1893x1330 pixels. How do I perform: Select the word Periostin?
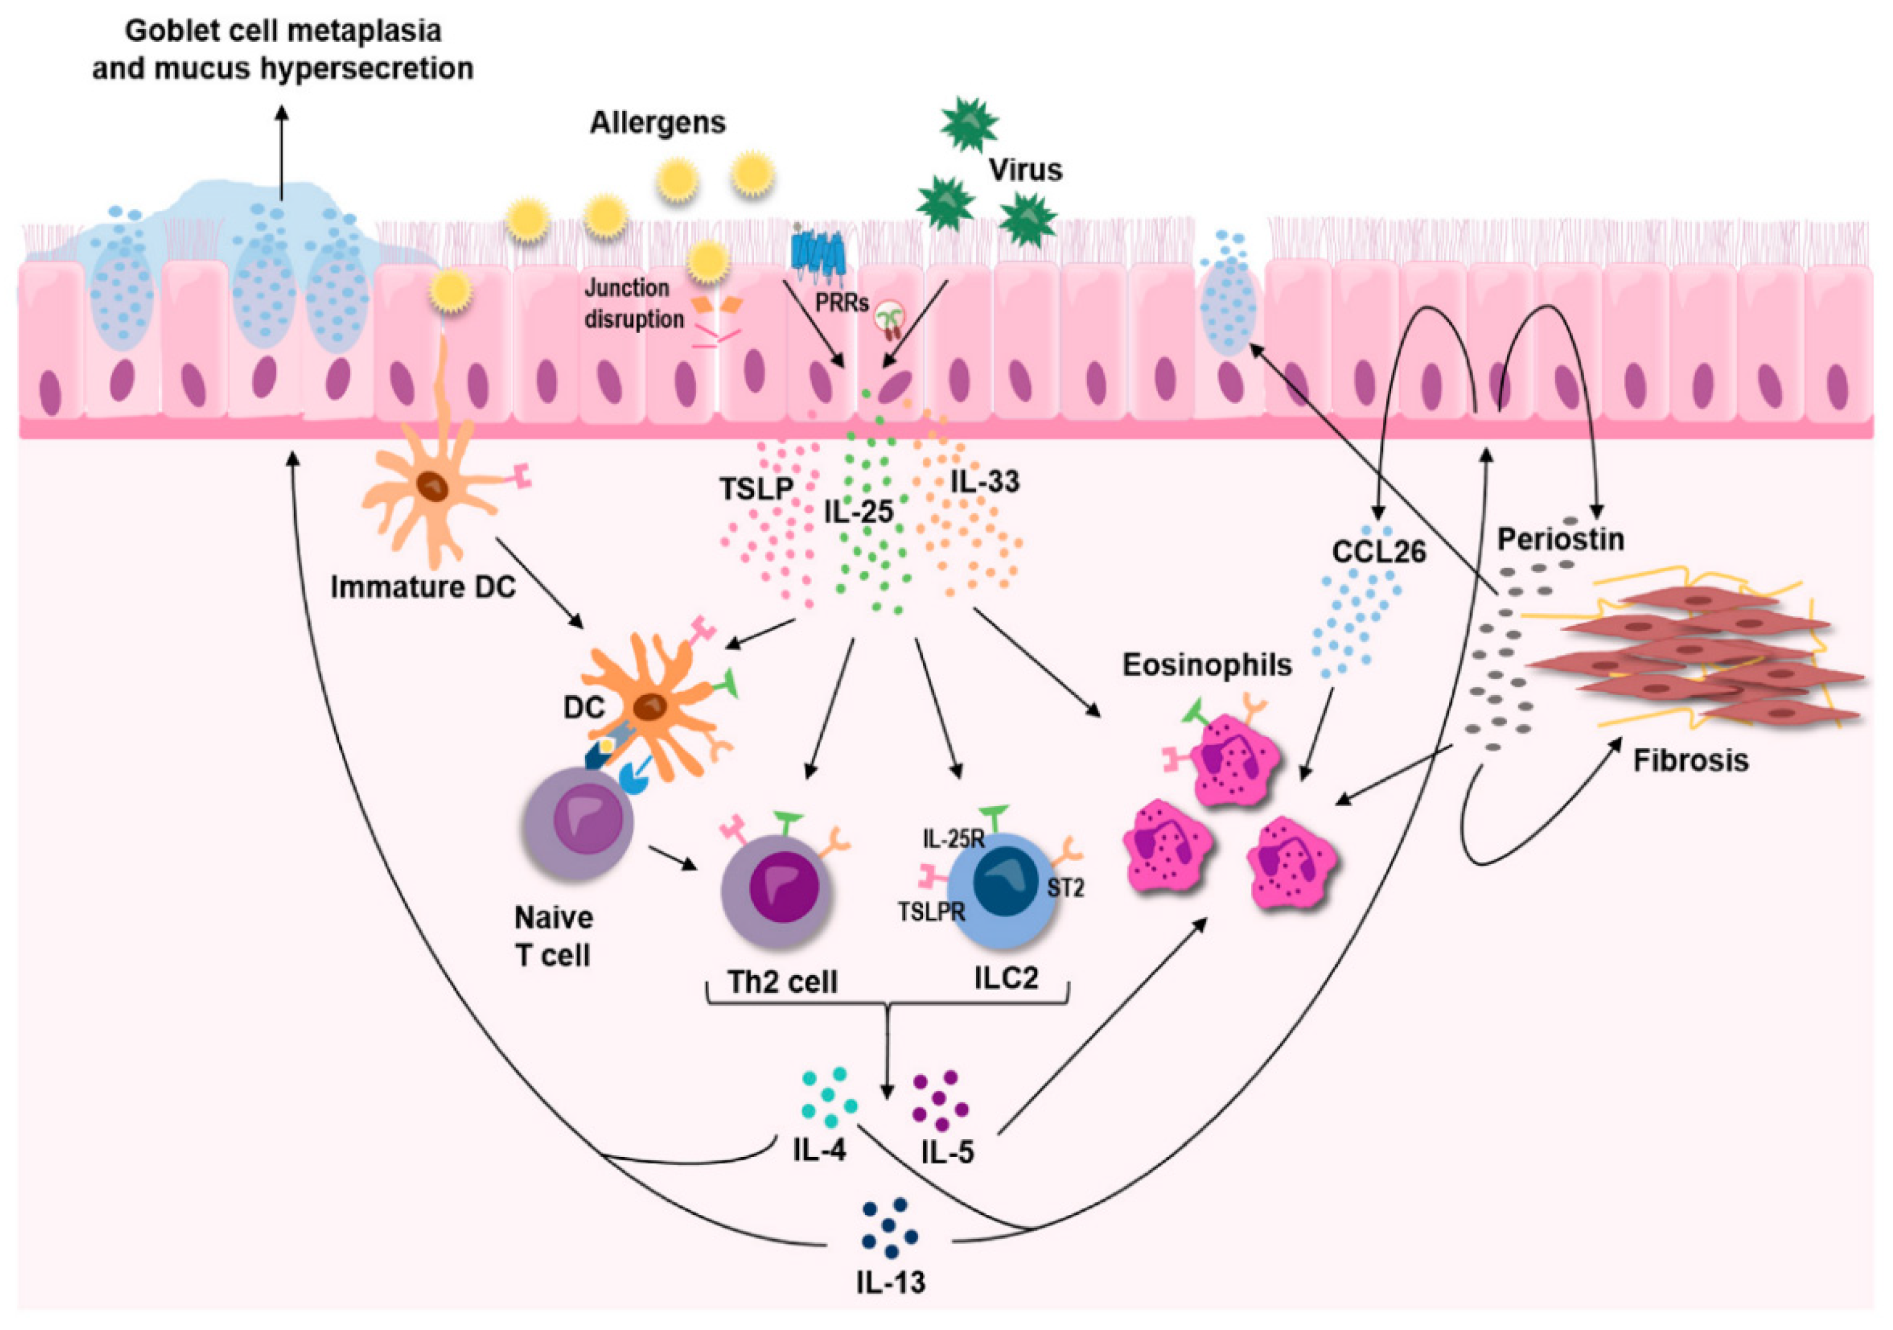click(1561, 539)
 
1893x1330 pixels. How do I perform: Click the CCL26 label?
click(1379, 551)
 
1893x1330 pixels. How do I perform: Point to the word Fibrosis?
click(1690, 759)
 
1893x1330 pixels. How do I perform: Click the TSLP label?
click(755, 489)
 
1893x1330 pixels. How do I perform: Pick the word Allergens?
click(657, 123)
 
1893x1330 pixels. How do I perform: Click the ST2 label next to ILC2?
click(1065, 887)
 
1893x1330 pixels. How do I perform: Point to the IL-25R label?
click(952, 839)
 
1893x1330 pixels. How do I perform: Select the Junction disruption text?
click(633, 302)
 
